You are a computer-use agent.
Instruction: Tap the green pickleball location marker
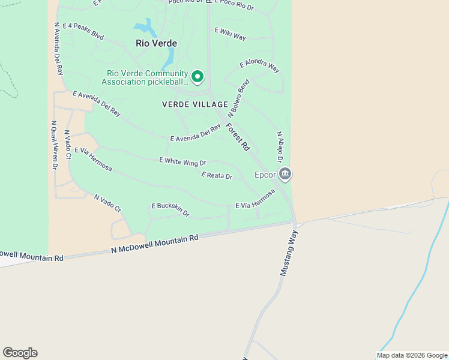click(197, 77)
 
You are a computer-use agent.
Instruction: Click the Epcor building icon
click(285, 175)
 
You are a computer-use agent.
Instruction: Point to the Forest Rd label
click(238, 137)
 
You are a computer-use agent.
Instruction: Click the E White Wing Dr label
click(182, 161)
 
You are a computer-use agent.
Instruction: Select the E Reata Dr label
click(217, 176)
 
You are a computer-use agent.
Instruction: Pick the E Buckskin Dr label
click(170, 208)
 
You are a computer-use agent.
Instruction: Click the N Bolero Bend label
click(238, 98)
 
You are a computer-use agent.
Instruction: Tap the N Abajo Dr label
click(279, 147)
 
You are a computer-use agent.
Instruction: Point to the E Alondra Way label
click(259, 66)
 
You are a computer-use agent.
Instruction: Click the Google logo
click(20, 353)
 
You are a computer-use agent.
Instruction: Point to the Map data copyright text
click(412, 355)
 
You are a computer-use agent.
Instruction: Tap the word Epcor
click(265, 175)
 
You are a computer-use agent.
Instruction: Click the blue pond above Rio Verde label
click(145, 27)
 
